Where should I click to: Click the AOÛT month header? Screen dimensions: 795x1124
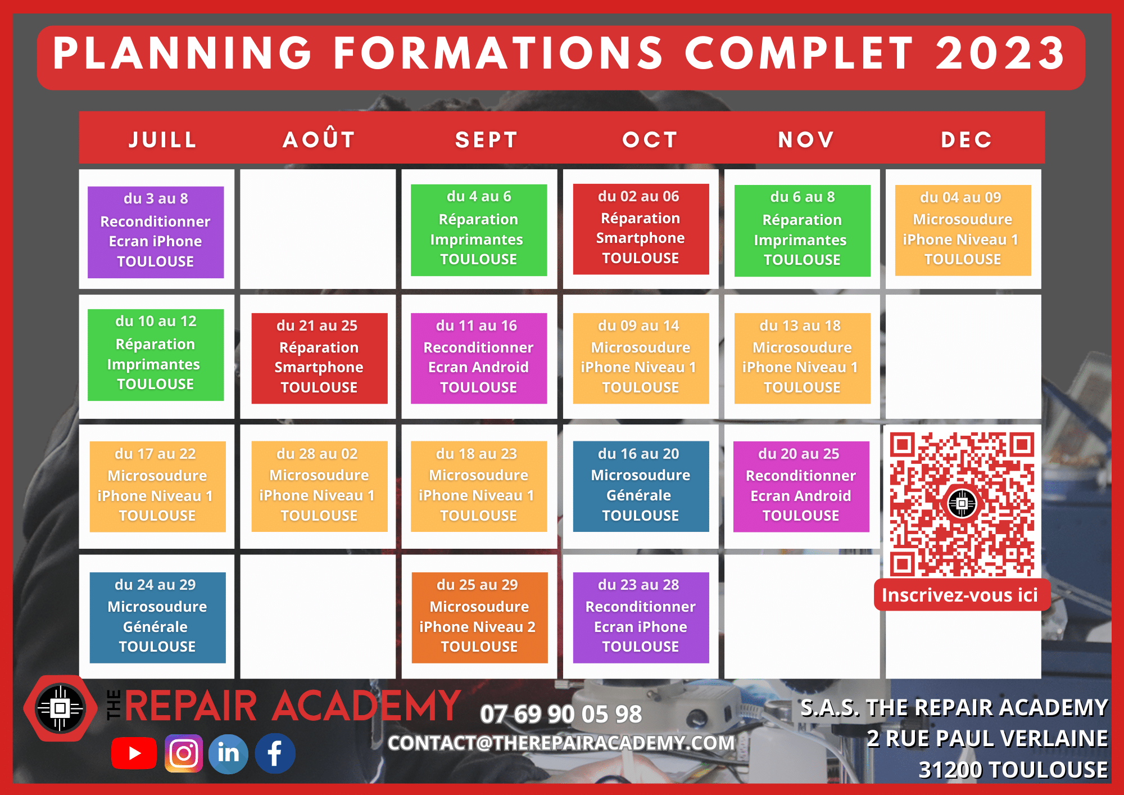pos(319,139)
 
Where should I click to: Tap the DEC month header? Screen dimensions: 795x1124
pos(966,139)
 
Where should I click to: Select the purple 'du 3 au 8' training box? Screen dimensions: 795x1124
pos(156,232)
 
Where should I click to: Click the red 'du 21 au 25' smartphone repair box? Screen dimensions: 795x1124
pos(319,358)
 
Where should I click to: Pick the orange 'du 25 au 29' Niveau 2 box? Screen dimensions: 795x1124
pos(479,617)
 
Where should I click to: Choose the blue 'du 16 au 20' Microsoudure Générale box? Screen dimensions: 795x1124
pos(640,486)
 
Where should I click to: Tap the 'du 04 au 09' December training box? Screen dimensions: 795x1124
pos(962,230)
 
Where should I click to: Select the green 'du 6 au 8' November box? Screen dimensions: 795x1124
pos(802,231)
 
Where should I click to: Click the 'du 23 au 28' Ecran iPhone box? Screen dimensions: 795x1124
pos(640,617)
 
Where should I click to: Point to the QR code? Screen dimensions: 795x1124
pos(962,504)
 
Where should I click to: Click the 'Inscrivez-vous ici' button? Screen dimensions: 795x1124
pos(960,595)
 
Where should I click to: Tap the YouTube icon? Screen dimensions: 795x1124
pos(134,753)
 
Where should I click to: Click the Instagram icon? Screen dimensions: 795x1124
pos(183,753)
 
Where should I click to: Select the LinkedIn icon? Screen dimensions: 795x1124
pos(228,753)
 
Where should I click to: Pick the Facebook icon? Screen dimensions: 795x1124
pos(275,753)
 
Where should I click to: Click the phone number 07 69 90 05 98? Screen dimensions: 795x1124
pos(560,714)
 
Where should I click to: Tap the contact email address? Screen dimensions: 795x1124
pos(561,743)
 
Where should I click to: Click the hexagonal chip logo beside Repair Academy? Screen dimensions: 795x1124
pos(60,708)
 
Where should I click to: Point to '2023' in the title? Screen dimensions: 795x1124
pos(1000,54)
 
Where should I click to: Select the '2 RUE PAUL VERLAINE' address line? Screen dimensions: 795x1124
pos(987,738)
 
